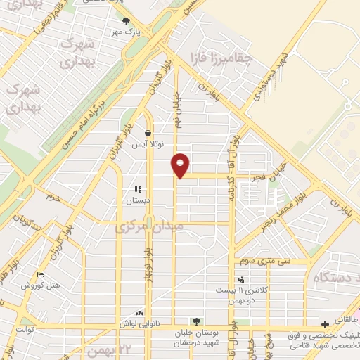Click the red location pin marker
click(x=181, y=165)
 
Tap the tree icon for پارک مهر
click(x=126, y=21)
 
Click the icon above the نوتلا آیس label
click(x=148, y=133)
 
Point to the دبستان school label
click(x=139, y=200)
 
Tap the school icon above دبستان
click(x=138, y=189)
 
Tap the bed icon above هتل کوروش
click(x=39, y=275)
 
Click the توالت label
click(x=25, y=328)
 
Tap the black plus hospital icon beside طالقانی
click(x=324, y=324)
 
